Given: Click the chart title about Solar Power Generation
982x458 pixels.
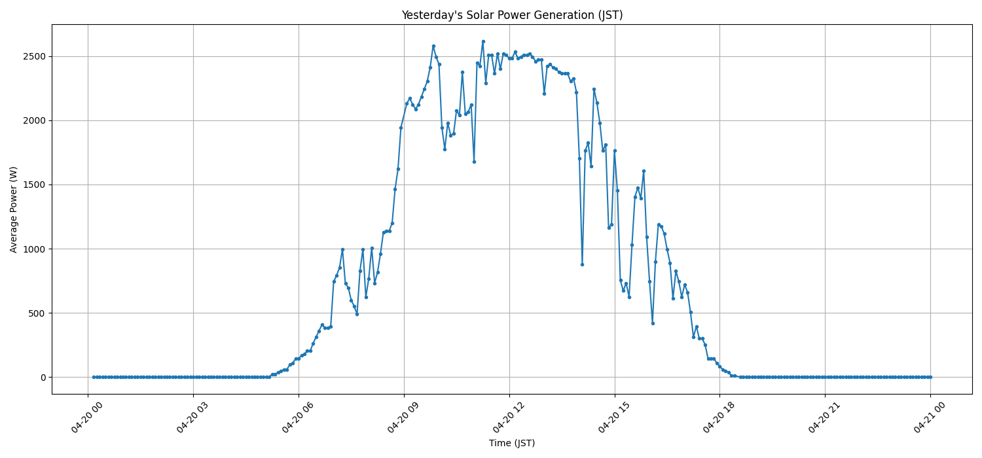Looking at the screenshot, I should point(512,15).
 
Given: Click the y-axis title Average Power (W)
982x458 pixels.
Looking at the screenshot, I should point(14,209).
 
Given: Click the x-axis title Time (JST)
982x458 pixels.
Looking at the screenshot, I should point(512,443).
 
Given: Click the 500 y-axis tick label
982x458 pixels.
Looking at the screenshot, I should point(37,313).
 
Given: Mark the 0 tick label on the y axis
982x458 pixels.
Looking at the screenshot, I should point(43,378).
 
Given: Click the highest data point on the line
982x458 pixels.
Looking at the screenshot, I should point(483,41).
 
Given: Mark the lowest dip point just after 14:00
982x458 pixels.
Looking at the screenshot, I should point(582,264).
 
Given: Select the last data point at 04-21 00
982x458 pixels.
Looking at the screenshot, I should point(930,377).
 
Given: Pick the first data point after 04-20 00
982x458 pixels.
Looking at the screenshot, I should point(94,377).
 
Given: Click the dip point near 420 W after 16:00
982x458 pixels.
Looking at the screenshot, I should point(653,323).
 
